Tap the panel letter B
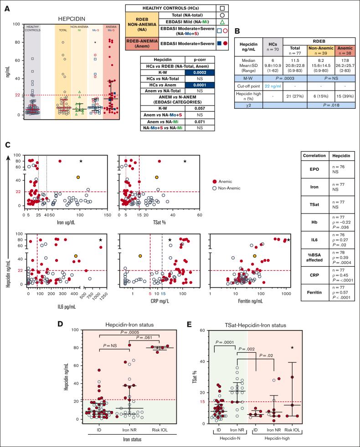tap(237, 31)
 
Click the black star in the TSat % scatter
tap(185, 161)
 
